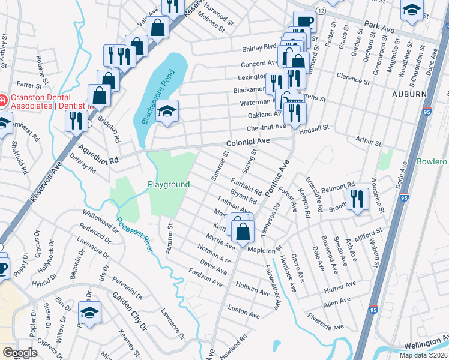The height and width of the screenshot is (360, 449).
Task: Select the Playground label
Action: click(x=169, y=185)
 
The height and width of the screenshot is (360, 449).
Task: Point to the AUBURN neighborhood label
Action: click(x=409, y=95)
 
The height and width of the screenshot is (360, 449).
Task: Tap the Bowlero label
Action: click(x=432, y=162)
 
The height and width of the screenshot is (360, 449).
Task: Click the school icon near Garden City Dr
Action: click(x=89, y=313)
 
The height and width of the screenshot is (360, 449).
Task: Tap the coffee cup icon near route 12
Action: click(x=305, y=22)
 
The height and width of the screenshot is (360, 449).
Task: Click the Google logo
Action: click(x=20, y=353)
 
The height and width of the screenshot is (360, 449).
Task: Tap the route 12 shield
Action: click(x=321, y=11)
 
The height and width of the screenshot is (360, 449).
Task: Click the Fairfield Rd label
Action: click(x=246, y=186)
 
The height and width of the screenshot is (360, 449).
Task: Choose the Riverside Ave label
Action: click(x=327, y=321)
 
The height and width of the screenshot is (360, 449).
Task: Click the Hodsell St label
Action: click(x=318, y=128)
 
